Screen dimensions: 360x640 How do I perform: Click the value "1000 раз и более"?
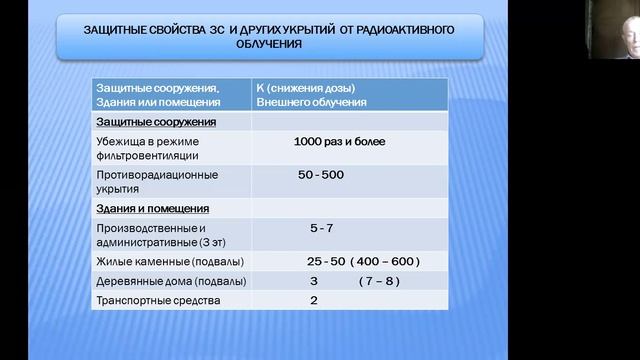(339, 142)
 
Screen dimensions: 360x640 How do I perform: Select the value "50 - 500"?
(321, 175)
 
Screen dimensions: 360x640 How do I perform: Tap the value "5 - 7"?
(321, 228)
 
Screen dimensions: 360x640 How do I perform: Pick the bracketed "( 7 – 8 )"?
(379, 281)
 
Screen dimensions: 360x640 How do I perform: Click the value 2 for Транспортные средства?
(314, 300)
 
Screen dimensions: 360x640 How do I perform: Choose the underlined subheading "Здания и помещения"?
(152, 209)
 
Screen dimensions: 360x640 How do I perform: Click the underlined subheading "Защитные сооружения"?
(155, 121)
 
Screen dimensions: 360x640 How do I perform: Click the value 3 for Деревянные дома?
(314, 281)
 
